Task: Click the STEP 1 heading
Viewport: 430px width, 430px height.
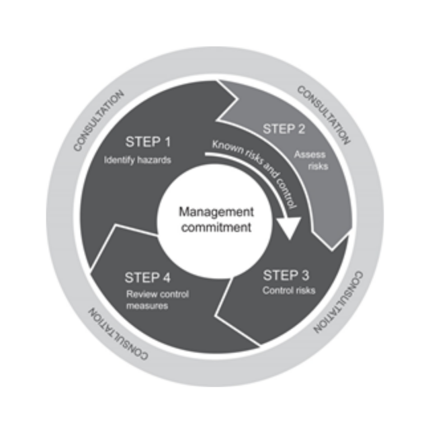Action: [148, 142]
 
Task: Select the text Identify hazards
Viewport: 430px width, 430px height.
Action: [138, 160]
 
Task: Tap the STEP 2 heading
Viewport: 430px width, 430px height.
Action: [284, 129]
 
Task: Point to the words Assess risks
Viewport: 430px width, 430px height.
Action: [311, 160]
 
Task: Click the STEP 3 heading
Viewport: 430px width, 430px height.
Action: [286, 275]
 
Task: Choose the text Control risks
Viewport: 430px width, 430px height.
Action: [289, 290]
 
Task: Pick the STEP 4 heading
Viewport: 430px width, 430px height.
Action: [148, 277]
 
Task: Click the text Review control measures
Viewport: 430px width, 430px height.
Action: [157, 300]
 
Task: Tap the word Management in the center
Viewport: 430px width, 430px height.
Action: [216, 212]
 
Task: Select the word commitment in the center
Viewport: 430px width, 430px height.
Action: [216, 227]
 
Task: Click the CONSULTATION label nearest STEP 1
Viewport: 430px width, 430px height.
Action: [99, 121]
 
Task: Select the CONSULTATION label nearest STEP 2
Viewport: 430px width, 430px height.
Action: [324, 115]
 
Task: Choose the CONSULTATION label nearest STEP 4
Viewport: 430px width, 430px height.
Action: [118, 334]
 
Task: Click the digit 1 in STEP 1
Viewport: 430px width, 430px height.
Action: [167, 142]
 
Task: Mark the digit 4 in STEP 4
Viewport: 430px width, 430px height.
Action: [166, 277]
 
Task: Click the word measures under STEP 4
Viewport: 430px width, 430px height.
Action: [147, 306]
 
